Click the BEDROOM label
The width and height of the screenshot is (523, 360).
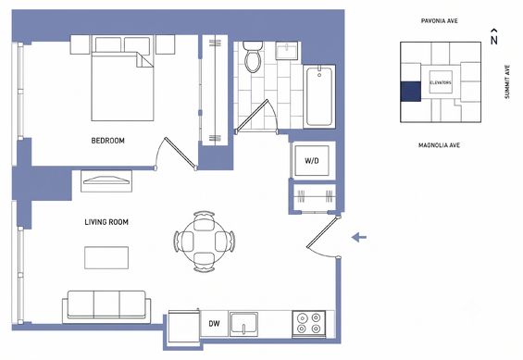coord(107,141)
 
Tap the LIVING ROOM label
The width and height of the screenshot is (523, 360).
coord(106,222)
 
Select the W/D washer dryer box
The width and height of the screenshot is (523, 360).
coord(312,161)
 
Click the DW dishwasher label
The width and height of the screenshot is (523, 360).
coord(214,323)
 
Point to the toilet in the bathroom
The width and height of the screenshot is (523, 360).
coord(253,56)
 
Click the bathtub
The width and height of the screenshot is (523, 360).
coord(319,96)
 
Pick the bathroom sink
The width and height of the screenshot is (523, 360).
coord(287,51)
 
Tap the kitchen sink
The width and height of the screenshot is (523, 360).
coord(243,324)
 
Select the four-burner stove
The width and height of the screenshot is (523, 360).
coord(308,324)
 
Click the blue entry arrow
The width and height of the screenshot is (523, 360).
coord(359,237)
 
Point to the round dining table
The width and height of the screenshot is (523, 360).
coord(205,242)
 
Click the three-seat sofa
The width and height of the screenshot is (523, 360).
coord(106,306)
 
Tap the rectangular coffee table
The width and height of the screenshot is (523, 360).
coord(106,257)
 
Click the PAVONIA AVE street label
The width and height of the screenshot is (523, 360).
coord(440,21)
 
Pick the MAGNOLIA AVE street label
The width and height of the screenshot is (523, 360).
coord(440,145)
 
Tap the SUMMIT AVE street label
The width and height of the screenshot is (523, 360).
coord(507,81)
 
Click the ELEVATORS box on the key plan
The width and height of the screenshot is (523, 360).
coord(441,82)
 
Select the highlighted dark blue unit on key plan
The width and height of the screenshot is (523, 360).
coord(411,92)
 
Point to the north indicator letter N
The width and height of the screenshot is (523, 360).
coord(494,40)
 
